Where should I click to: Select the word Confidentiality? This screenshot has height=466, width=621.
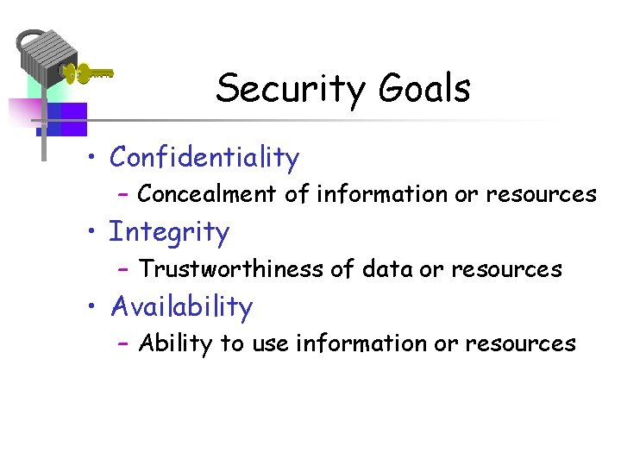(x=204, y=158)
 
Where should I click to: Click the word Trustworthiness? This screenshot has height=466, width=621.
(x=231, y=269)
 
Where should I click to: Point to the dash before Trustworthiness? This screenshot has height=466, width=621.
(x=123, y=270)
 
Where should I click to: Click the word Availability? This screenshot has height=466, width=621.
(x=182, y=307)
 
